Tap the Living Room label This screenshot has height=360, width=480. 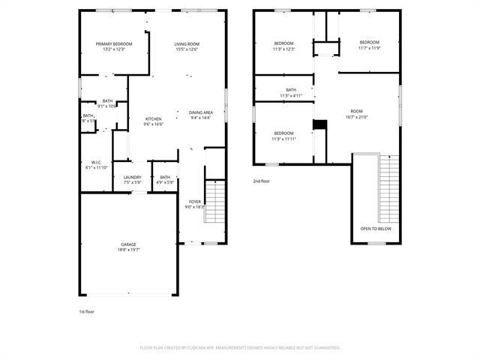187,44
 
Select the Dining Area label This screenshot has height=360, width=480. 201,112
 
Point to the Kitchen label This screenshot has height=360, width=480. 154,119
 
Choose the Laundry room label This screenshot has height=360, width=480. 132,177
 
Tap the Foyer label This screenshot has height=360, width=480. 194,202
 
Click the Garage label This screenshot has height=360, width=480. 129,244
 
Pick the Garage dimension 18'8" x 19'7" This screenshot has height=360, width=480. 129,250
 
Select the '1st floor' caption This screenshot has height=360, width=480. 86,311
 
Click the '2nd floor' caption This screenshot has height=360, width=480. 261,181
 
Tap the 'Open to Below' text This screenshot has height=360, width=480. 376,228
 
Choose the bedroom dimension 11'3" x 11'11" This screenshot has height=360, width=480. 283,139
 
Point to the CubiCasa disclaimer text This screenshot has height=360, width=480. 240,348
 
